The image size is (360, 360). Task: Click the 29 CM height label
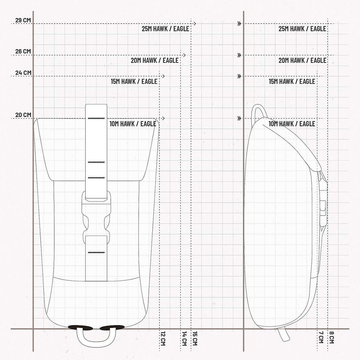[23, 20]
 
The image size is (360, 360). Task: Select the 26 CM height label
[23, 51]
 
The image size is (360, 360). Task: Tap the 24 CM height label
[23, 73]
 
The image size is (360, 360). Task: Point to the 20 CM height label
[23, 115]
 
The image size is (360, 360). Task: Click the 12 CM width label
[163, 339]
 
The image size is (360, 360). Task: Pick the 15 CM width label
[195, 338]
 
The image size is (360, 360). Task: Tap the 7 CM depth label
[321, 337]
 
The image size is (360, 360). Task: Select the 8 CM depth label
[331, 337]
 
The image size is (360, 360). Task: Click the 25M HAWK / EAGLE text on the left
[166, 29]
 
